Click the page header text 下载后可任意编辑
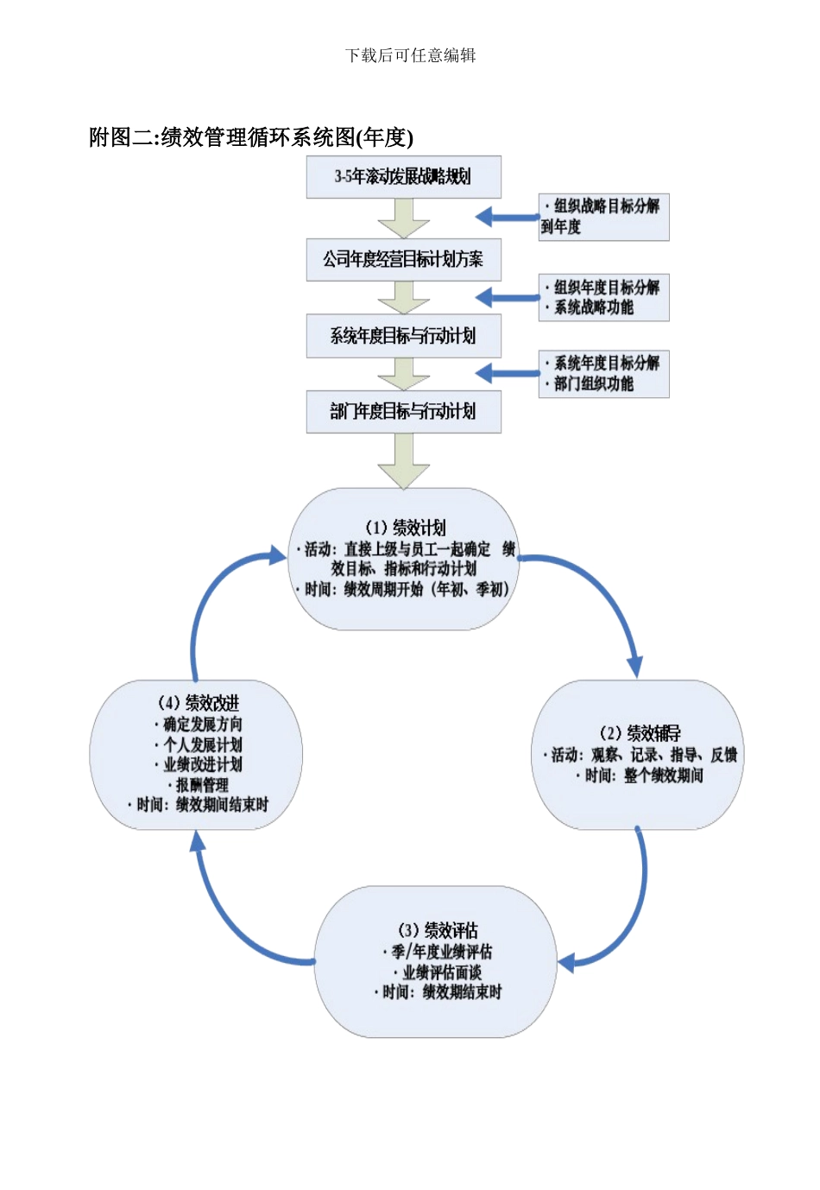pos(410,55)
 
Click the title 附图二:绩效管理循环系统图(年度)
pos(251,137)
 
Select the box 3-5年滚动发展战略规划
pos(403,177)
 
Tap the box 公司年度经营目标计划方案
pos(403,259)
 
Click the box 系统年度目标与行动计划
pos(403,336)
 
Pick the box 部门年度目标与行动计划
pos(403,411)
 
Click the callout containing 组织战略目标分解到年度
pos(603,217)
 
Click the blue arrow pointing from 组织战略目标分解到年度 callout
pos(506,217)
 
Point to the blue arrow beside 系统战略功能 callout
pos(506,298)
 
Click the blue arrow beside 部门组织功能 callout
pos(506,373)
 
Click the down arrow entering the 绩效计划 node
pos(403,462)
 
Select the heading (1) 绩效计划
pos(405,528)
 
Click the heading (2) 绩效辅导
pos(640,733)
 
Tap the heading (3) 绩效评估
pos(438,930)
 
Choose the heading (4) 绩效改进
pos(198,703)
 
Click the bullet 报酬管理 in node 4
pos(202,785)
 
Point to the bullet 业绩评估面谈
pos(441,972)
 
